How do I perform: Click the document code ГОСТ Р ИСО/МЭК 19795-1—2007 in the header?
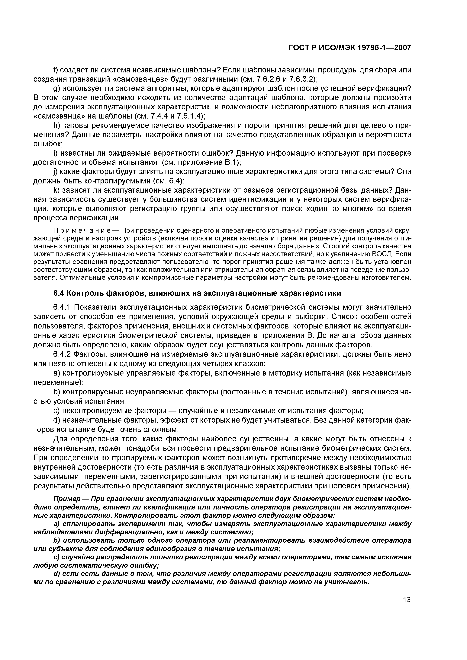coord(350,48)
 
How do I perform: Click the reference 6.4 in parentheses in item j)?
coord(175,181)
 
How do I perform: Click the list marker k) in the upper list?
coord(56,190)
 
